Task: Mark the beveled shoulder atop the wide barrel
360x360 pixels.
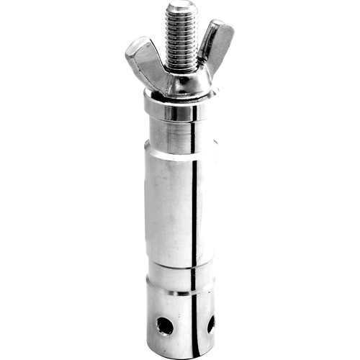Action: click(x=173, y=156)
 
